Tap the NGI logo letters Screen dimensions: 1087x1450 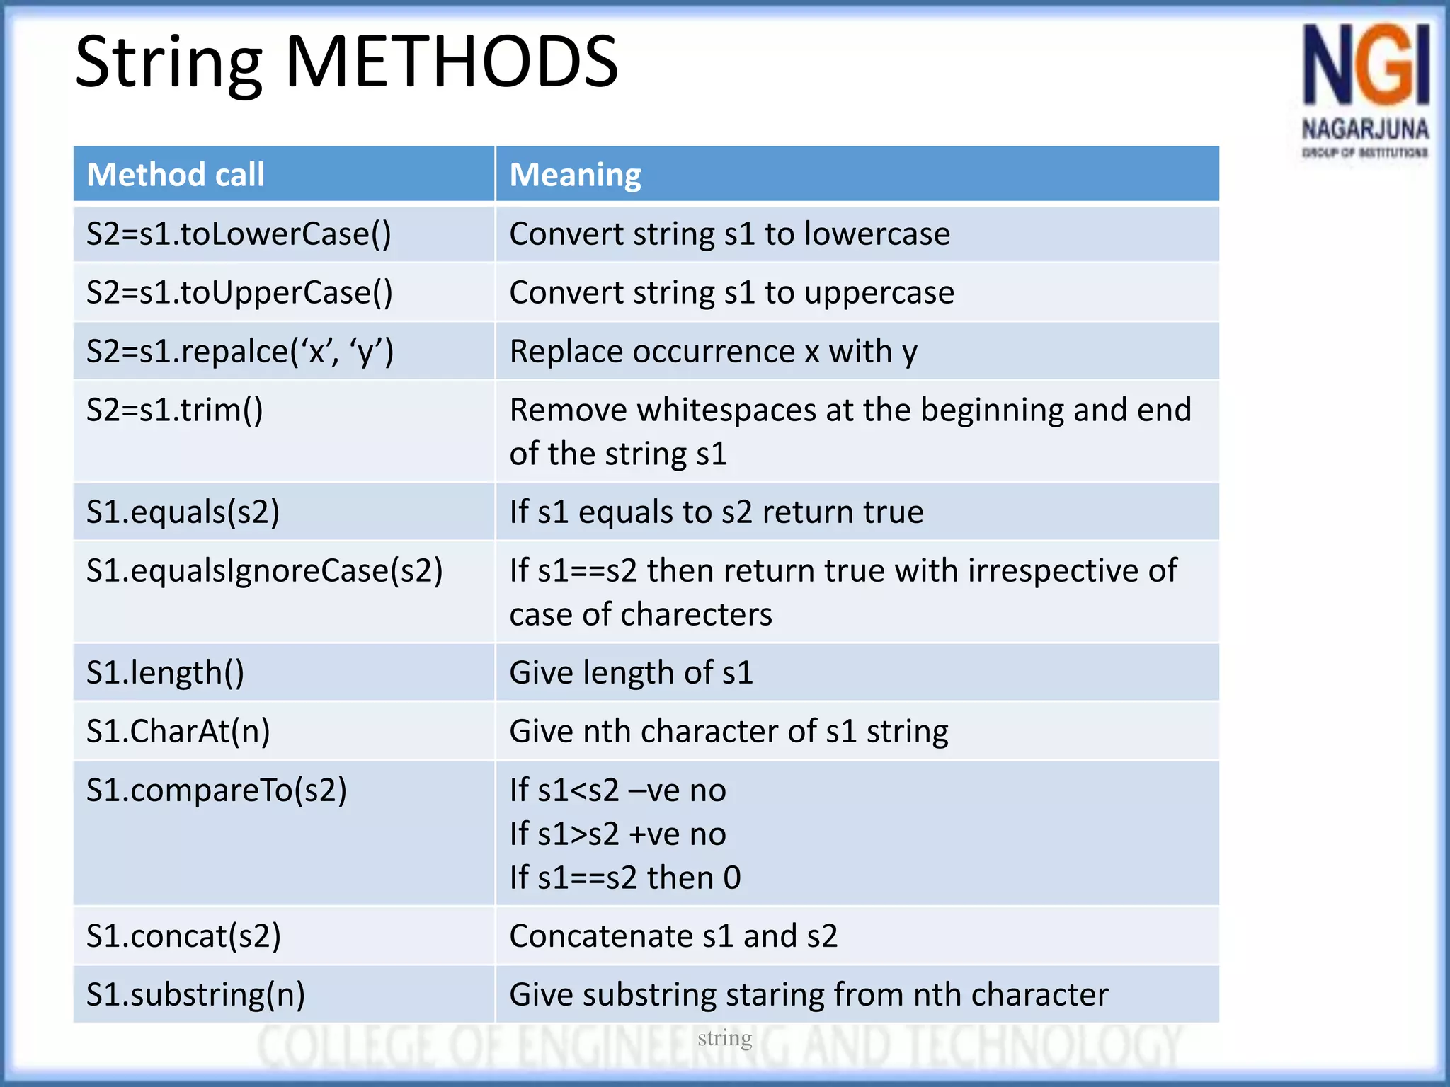[1365, 65]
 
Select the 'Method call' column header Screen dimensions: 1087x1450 [175, 175]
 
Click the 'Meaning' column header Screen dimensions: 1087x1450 [575, 175]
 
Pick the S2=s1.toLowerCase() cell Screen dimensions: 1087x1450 [239, 234]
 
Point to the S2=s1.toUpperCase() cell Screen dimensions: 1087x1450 [239, 293]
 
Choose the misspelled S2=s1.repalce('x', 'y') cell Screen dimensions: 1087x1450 [240, 352]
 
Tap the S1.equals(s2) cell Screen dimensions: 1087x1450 [183, 512]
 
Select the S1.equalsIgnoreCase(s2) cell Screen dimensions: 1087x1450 [264, 571]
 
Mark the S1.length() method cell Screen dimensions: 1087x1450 [165, 672]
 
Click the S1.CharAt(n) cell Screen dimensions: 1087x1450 [178, 731]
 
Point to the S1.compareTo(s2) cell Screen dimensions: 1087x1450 [216, 790]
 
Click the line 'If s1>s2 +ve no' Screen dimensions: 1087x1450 [617, 834]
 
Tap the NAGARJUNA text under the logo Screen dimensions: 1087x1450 [1365, 130]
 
